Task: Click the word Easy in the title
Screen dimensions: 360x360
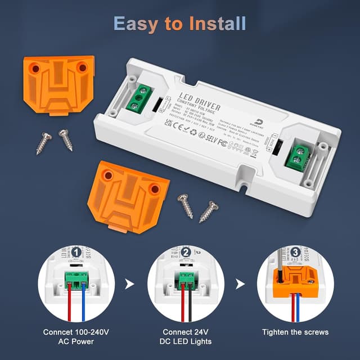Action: pyautogui.click(x=135, y=24)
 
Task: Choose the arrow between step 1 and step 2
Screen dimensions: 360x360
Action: pyautogui.click(x=130, y=284)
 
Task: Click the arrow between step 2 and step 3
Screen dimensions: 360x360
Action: pyautogui.click(x=240, y=284)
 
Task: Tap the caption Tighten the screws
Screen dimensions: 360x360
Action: pyautogui.click(x=295, y=332)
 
